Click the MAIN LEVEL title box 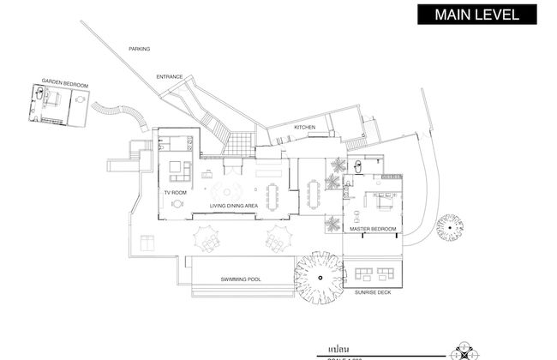[477, 15]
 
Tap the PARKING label [140, 49]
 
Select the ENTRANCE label [170, 77]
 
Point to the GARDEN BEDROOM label [65, 85]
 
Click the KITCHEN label [305, 128]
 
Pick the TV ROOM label [176, 193]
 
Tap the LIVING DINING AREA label [234, 206]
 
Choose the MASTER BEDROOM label [373, 230]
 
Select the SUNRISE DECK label [373, 292]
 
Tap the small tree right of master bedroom [451, 227]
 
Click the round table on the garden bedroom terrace [81, 100]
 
